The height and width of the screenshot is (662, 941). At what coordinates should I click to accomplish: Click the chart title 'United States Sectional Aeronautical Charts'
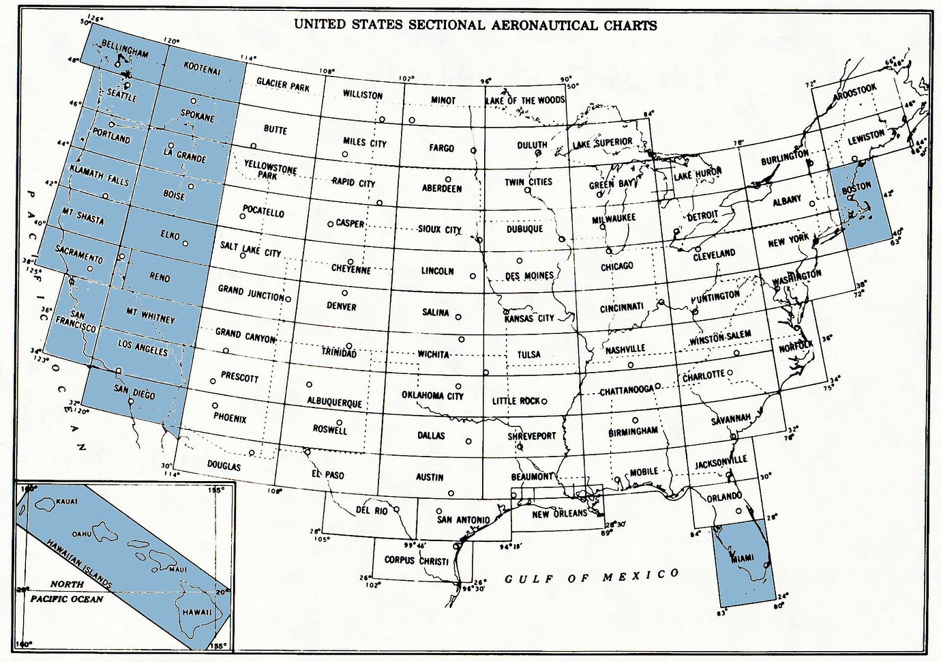point(475,25)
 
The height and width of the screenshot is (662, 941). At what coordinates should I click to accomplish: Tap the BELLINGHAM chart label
point(125,49)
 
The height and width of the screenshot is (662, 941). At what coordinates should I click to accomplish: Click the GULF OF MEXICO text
point(592,577)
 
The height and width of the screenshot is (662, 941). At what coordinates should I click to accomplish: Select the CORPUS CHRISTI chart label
point(416,560)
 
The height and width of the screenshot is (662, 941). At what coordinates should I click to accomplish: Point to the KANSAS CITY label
point(529,318)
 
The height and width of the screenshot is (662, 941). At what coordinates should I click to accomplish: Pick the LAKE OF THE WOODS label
point(525,100)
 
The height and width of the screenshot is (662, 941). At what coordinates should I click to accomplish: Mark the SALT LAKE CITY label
point(250,249)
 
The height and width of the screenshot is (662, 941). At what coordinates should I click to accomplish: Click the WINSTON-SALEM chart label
point(720,337)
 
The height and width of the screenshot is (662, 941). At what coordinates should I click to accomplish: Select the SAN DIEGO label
point(134,391)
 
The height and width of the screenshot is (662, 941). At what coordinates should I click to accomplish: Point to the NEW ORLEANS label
point(559,513)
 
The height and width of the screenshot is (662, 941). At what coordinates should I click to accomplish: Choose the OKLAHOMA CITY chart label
point(432,395)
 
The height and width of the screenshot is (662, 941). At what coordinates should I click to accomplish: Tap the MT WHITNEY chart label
point(150,316)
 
